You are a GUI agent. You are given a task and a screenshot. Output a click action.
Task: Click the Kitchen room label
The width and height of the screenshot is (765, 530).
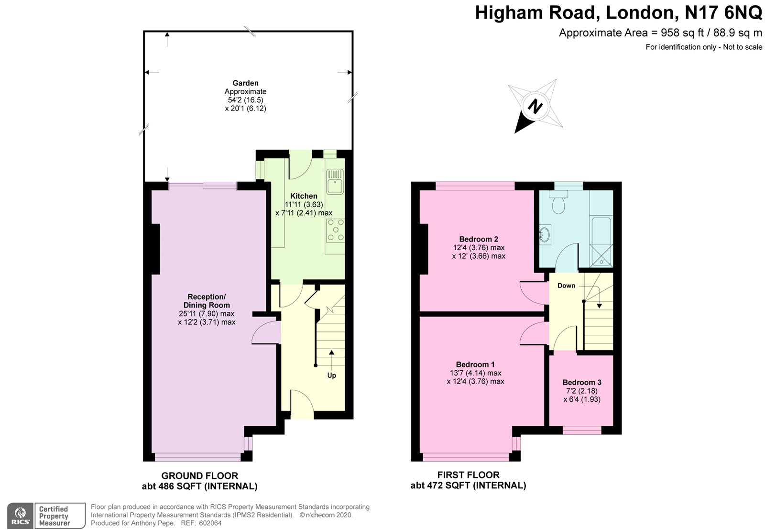(304, 196)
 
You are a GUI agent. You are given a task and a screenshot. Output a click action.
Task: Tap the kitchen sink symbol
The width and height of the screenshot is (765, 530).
(335, 181)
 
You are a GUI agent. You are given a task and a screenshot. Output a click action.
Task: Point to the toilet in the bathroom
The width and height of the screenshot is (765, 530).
(558, 203)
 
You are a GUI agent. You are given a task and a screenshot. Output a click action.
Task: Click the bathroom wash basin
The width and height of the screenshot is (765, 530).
(545, 234)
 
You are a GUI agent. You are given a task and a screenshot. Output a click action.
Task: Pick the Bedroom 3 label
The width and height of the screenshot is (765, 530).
(581, 382)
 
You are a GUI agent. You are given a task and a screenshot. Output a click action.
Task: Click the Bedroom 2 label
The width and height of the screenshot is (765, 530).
(479, 239)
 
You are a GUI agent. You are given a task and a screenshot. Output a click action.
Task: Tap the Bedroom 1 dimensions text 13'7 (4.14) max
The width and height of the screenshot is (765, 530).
(475, 373)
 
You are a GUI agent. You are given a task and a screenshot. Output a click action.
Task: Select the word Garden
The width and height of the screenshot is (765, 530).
(245, 83)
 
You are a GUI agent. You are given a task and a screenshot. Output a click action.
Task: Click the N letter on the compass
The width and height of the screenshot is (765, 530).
(535, 106)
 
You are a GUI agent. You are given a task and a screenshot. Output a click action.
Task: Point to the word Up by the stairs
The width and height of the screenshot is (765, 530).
(331, 375)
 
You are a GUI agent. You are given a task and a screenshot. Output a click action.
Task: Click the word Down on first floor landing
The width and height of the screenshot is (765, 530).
(566, 286)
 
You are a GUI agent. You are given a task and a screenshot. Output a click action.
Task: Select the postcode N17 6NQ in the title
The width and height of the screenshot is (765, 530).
(723, 13)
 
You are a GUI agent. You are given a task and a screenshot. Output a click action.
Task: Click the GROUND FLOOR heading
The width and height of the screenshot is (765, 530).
(199, 476)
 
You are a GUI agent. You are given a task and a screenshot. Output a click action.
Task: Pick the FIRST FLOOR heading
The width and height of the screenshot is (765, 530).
(468, 475)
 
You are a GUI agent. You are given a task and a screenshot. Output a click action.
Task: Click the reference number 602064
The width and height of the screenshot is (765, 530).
(210, 523)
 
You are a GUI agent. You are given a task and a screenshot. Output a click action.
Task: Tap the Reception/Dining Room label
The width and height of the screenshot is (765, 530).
(207, 301)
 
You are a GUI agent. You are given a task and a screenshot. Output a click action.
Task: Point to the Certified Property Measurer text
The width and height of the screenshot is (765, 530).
(54, 516)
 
